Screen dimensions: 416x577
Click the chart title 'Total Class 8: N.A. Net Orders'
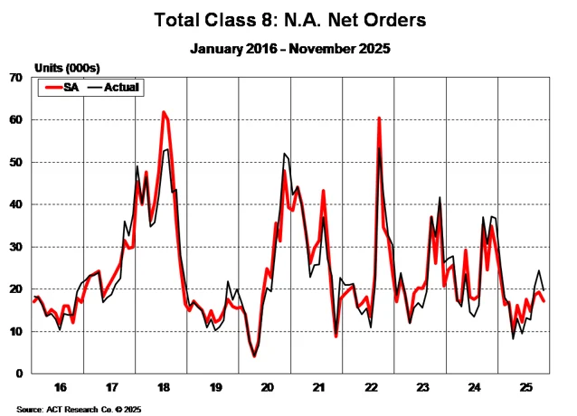click(x=288, y=19)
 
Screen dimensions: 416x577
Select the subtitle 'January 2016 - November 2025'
click(x=288, y=49)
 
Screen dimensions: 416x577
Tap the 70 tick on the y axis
click(x=15, y=78)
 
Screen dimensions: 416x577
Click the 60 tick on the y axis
click(x=15, y=120)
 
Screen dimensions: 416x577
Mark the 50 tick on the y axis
click(x=15, y=163)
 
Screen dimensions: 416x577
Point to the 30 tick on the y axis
click(x=15, y=247)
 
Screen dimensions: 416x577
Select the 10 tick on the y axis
click(x=15, y=331)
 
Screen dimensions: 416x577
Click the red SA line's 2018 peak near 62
click(x=164, y=112)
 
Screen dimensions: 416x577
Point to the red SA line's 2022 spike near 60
click(x=379, y=118)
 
